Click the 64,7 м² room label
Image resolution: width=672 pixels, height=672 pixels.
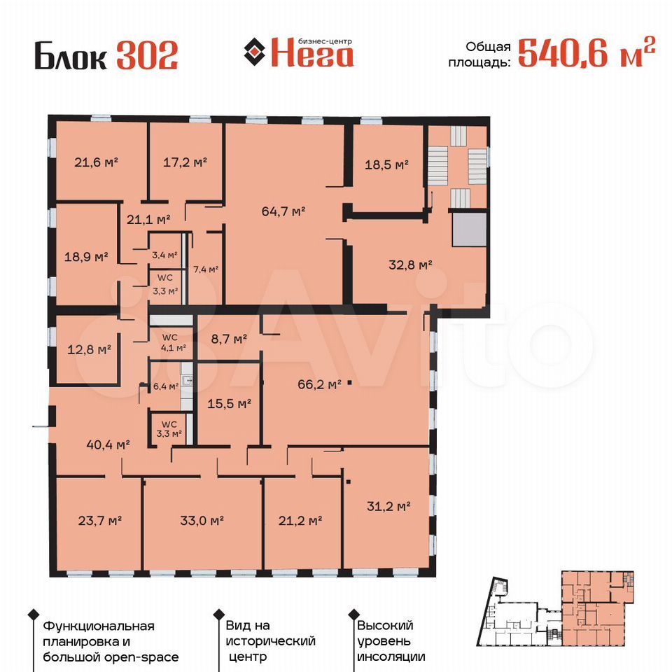coord(283,211)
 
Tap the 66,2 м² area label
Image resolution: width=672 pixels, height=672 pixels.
coord(319,384)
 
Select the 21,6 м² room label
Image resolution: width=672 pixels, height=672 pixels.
coord(96,162)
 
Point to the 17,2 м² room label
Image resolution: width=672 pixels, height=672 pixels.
coord(185,162)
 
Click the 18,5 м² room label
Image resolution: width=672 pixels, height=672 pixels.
coord(386,164)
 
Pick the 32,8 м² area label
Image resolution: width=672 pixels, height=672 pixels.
coord(410,265)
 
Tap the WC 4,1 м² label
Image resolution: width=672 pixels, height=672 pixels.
coord(173,342)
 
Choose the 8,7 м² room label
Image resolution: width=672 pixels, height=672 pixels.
coord(230,339)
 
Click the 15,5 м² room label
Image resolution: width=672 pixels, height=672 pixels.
coord(230,404)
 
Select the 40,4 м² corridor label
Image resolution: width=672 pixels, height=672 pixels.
coord(108,445)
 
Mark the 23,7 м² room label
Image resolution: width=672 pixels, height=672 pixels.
coord(100,521)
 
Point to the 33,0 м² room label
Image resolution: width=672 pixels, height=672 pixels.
coord(202,521)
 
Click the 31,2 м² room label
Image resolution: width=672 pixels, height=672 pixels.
coord(388,507)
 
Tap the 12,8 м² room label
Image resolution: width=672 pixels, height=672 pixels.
coord(89,350)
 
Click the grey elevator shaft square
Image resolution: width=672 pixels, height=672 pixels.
coord(470,230)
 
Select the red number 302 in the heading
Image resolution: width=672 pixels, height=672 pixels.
coord(147,55)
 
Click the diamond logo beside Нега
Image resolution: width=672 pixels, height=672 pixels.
coord(255,52)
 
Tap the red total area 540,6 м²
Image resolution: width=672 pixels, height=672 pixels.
coord(587,53)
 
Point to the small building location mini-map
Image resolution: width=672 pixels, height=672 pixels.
coord(555,608)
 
